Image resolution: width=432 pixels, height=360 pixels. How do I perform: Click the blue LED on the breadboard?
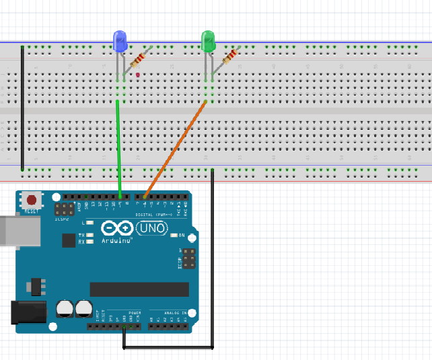pyautogui.click(x=120, y=42)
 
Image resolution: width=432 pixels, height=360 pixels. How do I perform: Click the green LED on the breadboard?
pyautogui.click(x=208, y=42)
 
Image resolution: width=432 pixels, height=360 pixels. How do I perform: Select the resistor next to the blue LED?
pyautogui.click(x=139, y=59)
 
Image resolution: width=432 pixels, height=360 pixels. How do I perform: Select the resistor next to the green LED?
pyautogui.click(x=229, y=57)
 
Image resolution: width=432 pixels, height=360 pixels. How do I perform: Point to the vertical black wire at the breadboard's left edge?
pyautogui.click(x=22, y=108)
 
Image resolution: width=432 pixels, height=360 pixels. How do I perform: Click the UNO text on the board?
pyautogui.click(x=151, y=229)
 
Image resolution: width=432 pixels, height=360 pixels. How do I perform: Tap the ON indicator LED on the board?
pyautogui.click(x=174, y=236)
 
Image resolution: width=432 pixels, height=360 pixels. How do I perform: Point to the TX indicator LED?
pyautogui.click(x=89, y=235)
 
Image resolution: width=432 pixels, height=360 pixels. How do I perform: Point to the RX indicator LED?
pyautogui.click(x=89, y=242)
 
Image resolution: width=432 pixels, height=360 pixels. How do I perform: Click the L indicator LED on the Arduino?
pyautogui.click(x=89, y=222)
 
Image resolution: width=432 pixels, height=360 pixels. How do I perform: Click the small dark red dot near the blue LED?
pyautogui.click(x=137, y=75)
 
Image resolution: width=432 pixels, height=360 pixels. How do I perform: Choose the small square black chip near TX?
pyautogui.click(x=69, y=240)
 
